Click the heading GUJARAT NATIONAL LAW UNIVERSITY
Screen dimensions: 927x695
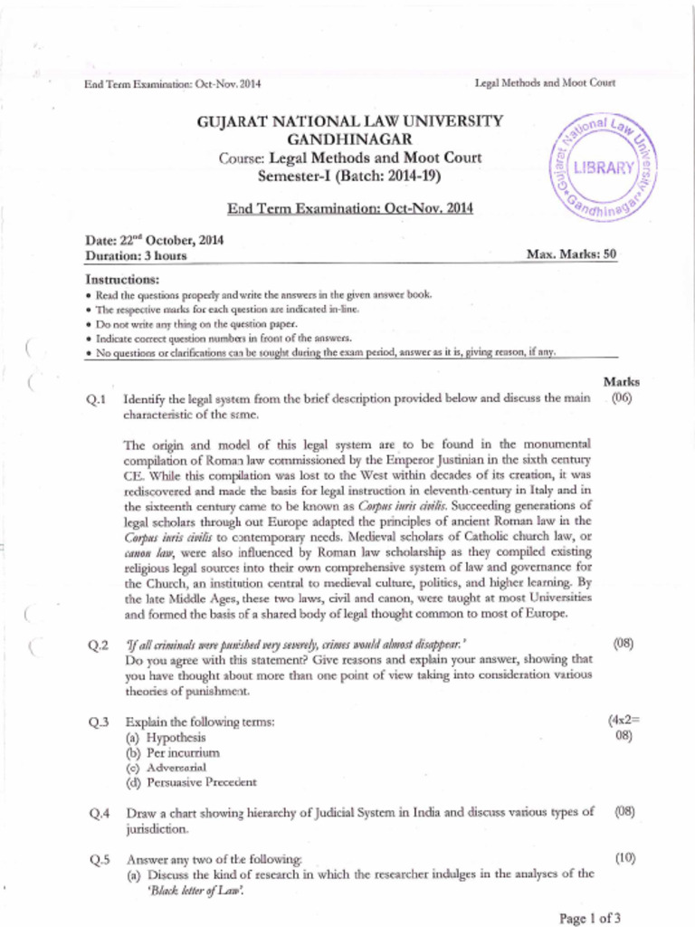pyautogui.click(x=349, y=120)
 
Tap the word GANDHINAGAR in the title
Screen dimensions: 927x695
pyautogui.click(x=349, y=139)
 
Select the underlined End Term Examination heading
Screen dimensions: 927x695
pyautogui.click(x=349, y=208)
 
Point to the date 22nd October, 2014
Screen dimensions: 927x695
pyautogui.click(x=155, y=241)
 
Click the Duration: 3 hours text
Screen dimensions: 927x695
pyautogui.click(x=136, y=255)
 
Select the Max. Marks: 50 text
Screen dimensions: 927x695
pyautogui.click(x=571, y=254)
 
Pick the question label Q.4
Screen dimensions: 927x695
pyautogui.click(x=99, y=812)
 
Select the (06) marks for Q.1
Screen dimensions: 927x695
pyautogui.click(x=622, y=397)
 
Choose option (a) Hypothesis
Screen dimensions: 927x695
pyautogui.click(x=166, y=737)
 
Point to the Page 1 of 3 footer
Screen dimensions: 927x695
pyautogui.click(x=590, y=918)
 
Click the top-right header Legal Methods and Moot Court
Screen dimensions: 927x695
pyautogui.click(x=545, y=83)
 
